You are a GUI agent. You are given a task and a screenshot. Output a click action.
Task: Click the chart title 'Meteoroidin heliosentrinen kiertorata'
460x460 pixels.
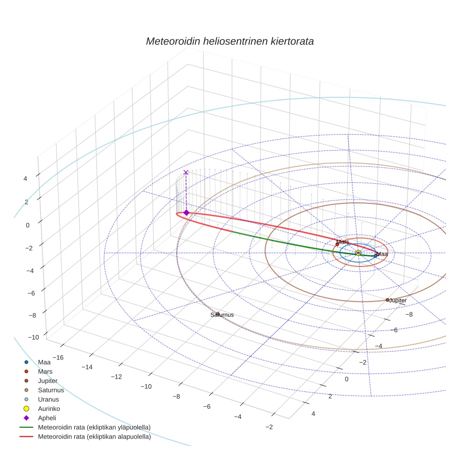230,41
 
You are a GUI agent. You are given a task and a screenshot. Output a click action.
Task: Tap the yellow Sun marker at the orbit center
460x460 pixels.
358,253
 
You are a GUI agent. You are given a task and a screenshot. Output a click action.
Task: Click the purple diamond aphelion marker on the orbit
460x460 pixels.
186,213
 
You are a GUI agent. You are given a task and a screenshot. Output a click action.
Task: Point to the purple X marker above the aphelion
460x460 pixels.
186,172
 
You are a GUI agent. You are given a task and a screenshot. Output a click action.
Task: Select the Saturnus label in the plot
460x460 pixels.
222,315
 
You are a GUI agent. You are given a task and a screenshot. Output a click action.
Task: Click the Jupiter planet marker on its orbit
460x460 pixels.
388,300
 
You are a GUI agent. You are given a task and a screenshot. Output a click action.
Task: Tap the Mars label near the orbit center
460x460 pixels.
343,242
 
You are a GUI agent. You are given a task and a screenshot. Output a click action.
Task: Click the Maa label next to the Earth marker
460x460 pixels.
382,254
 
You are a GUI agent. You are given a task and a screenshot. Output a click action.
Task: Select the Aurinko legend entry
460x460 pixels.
50,409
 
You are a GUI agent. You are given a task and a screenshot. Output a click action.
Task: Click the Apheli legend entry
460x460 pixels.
47,418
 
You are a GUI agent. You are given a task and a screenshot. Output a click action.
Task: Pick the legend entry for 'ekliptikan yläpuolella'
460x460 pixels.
94,428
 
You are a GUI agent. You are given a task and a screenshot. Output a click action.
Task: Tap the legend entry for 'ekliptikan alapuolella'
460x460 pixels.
94,437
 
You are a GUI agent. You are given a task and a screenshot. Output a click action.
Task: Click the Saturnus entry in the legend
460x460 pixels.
51,390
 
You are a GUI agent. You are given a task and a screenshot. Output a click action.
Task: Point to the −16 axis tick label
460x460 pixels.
57,357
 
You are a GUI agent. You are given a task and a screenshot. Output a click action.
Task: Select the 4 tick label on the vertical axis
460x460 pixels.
25,179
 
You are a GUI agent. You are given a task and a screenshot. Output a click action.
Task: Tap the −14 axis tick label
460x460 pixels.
87,367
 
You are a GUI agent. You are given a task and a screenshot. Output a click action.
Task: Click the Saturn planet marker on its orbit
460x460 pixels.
218,314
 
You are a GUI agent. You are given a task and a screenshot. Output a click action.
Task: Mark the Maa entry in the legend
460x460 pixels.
44,362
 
